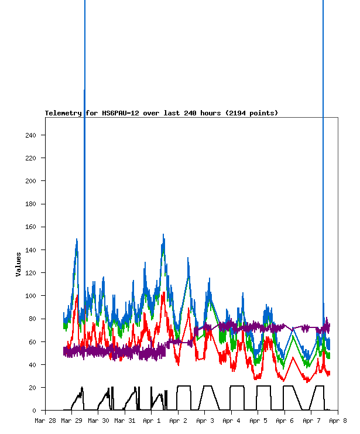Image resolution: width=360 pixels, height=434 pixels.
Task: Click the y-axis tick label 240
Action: pos(30,135)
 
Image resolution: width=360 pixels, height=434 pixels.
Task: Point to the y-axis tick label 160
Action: pos(30,227)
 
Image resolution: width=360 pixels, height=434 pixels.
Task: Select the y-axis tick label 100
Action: pos(30,296)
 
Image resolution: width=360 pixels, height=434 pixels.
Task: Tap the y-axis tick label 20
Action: pos(32,388)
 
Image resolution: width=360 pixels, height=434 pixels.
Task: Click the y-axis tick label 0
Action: pos(34,411)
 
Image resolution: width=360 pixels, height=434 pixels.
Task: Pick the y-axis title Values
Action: pos(19,264)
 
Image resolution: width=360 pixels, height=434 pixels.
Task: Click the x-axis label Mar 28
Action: pos(45,421)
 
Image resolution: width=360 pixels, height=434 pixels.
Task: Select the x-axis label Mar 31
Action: pos(125,421)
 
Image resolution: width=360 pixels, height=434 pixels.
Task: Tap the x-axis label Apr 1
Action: pos(152,421)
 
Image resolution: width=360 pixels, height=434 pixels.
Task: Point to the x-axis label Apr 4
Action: pos(231,421)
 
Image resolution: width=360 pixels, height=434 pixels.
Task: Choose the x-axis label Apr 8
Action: pos(338,421)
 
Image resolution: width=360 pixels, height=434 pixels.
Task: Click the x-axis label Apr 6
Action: pos(284,421)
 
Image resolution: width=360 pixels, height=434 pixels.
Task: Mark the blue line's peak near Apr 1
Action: pos(163,234)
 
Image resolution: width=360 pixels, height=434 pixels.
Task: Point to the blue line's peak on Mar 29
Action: pos(77,239)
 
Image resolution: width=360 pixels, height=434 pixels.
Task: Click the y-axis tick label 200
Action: pos(30,181)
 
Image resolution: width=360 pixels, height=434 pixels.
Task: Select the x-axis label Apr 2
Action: pos(178,421)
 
